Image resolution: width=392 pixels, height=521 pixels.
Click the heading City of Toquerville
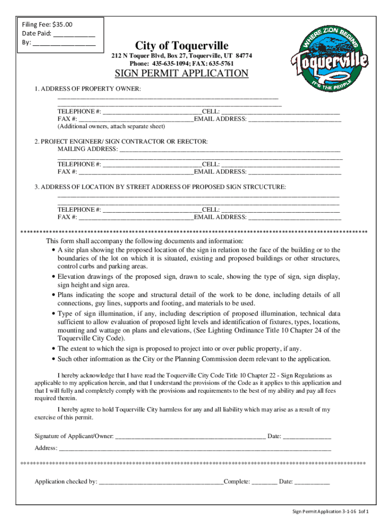coord(182,45)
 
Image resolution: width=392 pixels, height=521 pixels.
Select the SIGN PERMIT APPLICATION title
coord(182,73)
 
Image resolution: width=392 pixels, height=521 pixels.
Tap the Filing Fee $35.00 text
coord(47,24)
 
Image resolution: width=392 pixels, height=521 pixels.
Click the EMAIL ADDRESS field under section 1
coord(294,119)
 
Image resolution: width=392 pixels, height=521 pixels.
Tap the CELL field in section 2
coord(280,164)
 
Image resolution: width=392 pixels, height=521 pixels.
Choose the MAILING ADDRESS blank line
coord(229,149)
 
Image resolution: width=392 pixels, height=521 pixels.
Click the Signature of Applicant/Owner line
coord(190,436)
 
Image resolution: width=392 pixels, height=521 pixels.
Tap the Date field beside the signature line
coord(306,436)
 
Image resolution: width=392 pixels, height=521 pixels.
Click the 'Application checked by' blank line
coord(161,481)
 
